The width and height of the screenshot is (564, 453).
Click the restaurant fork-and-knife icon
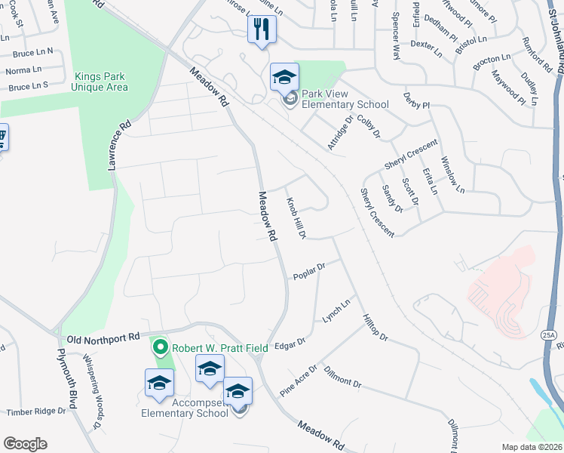tap(262, 29)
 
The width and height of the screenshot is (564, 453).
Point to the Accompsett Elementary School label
tap(185, 408)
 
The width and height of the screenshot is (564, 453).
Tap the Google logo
tap(25, 444)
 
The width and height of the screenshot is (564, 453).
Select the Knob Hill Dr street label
tap(295, 219)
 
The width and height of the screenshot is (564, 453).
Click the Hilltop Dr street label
tap(374, 327)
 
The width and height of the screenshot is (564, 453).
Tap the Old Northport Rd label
tap(103, 337)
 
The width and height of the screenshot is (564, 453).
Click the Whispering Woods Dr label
tap(94, 401)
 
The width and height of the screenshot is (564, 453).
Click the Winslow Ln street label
tap(452, 173)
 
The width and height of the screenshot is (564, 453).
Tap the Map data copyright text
tap(531, 447)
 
